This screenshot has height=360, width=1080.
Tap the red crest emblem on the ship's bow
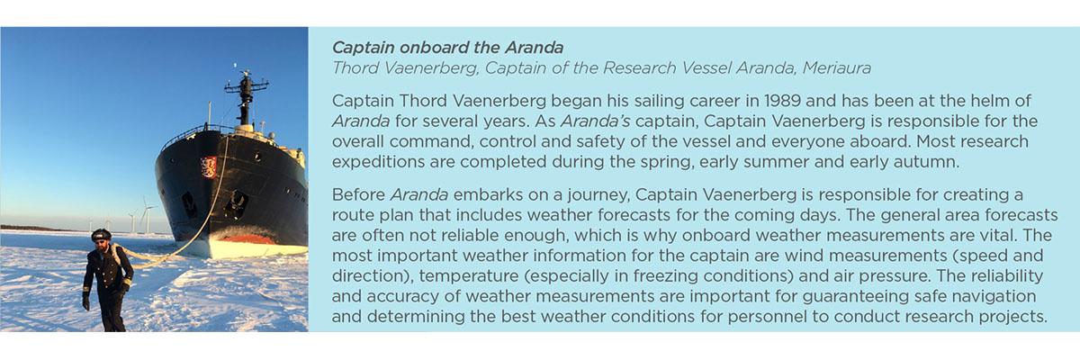click(x=209, y=167)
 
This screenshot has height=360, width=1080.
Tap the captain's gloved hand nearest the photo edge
click(x=85, y=301)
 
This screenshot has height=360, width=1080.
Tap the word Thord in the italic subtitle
click(x=354, y=68)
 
